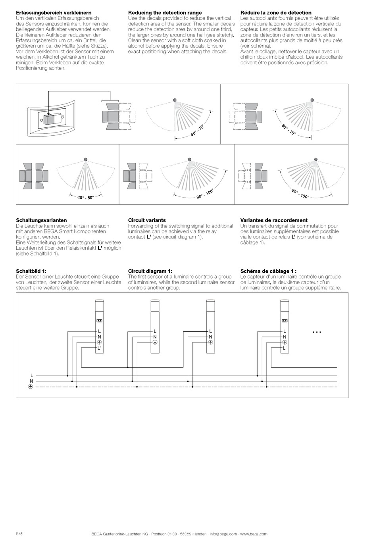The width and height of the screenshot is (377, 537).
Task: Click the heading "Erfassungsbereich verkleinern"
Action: (x=54, y=13)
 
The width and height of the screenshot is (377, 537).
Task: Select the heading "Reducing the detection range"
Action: (x=165, y=13)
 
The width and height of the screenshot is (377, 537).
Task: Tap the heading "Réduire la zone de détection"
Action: (x=276, y=13)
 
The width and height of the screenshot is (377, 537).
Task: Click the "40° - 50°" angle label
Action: (x=85, y=197)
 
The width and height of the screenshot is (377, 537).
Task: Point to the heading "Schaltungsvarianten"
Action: (x=41, y=220)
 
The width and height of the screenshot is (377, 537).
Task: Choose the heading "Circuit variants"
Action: (x=147, y=220)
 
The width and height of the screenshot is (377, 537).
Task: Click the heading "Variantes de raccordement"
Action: (x=274, y=220)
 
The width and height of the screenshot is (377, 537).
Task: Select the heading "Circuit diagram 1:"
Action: (x=150, y=271)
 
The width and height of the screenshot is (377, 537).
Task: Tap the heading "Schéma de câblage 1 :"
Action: (x=268, y=271)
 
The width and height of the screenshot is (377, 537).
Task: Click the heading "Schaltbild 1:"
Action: (x=31, y=271)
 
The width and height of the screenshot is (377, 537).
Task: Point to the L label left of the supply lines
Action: (x=32, y=375)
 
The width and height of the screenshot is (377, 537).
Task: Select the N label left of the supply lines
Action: (x=32, y=381)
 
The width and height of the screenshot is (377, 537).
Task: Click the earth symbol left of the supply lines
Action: (x=31, y=387)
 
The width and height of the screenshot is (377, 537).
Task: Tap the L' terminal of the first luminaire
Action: (x=100, y=348)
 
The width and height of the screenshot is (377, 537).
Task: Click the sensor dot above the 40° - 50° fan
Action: (x=86, y=159)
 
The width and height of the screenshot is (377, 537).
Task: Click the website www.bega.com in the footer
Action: (x=254, y=534)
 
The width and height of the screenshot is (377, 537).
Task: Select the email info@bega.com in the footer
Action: (x=223, y=534)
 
